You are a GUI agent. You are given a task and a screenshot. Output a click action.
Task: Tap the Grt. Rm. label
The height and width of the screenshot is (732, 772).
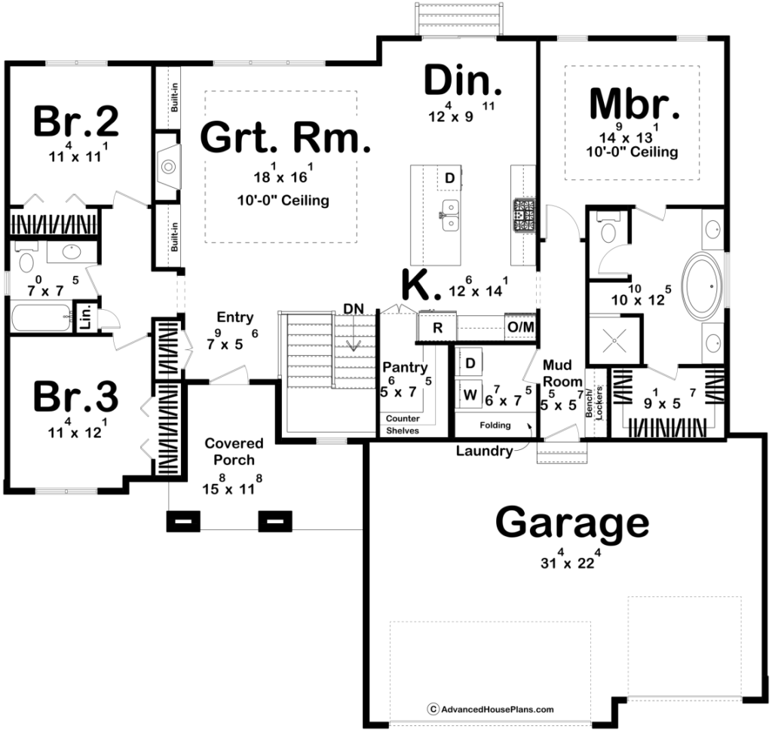[x=286, y=137]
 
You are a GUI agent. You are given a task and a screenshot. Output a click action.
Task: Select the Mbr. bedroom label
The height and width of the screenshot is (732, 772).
[x=634, y=104]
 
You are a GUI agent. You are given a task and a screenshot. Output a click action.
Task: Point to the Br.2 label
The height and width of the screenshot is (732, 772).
[x=76, y=121]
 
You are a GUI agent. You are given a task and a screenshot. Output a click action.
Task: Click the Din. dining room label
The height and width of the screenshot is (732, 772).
[x=463, y=80]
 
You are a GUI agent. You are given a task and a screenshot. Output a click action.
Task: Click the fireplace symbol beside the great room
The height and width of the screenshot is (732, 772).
[x=168, y=167]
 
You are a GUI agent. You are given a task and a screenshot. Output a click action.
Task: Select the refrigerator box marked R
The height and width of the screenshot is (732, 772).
[x=437, y=327]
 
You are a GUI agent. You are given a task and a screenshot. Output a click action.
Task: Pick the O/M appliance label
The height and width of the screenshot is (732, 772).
[x=521, y=327]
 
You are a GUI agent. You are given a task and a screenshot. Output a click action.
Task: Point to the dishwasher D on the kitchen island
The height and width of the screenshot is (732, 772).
[x=449, y=178]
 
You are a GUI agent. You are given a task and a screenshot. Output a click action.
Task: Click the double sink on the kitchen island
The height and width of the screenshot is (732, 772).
[x=450, y=215]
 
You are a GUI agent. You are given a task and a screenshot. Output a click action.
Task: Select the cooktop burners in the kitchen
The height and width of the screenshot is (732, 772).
[x=524, y=215]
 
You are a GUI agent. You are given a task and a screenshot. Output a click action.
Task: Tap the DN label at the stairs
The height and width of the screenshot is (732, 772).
[x=354, y=308]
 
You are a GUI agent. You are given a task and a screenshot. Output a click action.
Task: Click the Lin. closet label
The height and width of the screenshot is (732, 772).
[x=86, y=317]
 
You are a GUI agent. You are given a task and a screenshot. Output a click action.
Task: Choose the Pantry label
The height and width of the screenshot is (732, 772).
[x=405, y=367]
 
